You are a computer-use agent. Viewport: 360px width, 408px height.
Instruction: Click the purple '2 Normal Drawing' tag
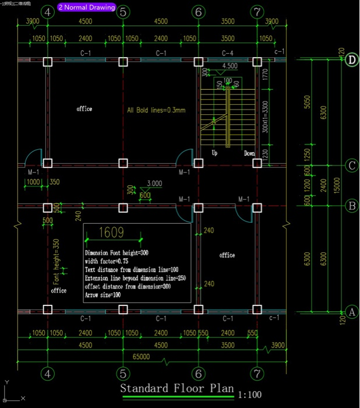[87, 8]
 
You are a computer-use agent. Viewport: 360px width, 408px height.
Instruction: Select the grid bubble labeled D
[351, 59]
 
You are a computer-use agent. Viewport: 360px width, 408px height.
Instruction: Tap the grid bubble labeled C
[351, 166]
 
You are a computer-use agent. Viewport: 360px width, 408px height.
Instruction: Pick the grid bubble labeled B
[351, 205]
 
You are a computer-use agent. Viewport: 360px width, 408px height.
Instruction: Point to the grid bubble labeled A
[351, 312]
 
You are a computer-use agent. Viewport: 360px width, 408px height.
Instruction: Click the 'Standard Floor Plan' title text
[177, 389]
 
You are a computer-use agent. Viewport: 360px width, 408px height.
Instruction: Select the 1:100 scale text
[250, 395]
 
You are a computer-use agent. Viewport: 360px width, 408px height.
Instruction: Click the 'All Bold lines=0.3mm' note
[156, 110]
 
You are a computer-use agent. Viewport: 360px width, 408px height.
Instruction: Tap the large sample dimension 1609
[111, 233]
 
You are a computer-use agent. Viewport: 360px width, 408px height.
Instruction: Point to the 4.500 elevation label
[230, 66]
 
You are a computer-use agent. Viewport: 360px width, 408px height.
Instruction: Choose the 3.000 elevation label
[154, 183]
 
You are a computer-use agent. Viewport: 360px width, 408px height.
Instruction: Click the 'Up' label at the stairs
[214, 153]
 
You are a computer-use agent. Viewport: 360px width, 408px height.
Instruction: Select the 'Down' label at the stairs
[249, 153]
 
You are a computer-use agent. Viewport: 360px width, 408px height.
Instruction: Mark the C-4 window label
[228, 53]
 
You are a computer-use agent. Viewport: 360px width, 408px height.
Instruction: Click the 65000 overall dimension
[141, 356]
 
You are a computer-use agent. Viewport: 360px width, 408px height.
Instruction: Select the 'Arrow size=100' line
[103, 295]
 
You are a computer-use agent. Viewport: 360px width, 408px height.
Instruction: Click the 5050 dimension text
[307, 102]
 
